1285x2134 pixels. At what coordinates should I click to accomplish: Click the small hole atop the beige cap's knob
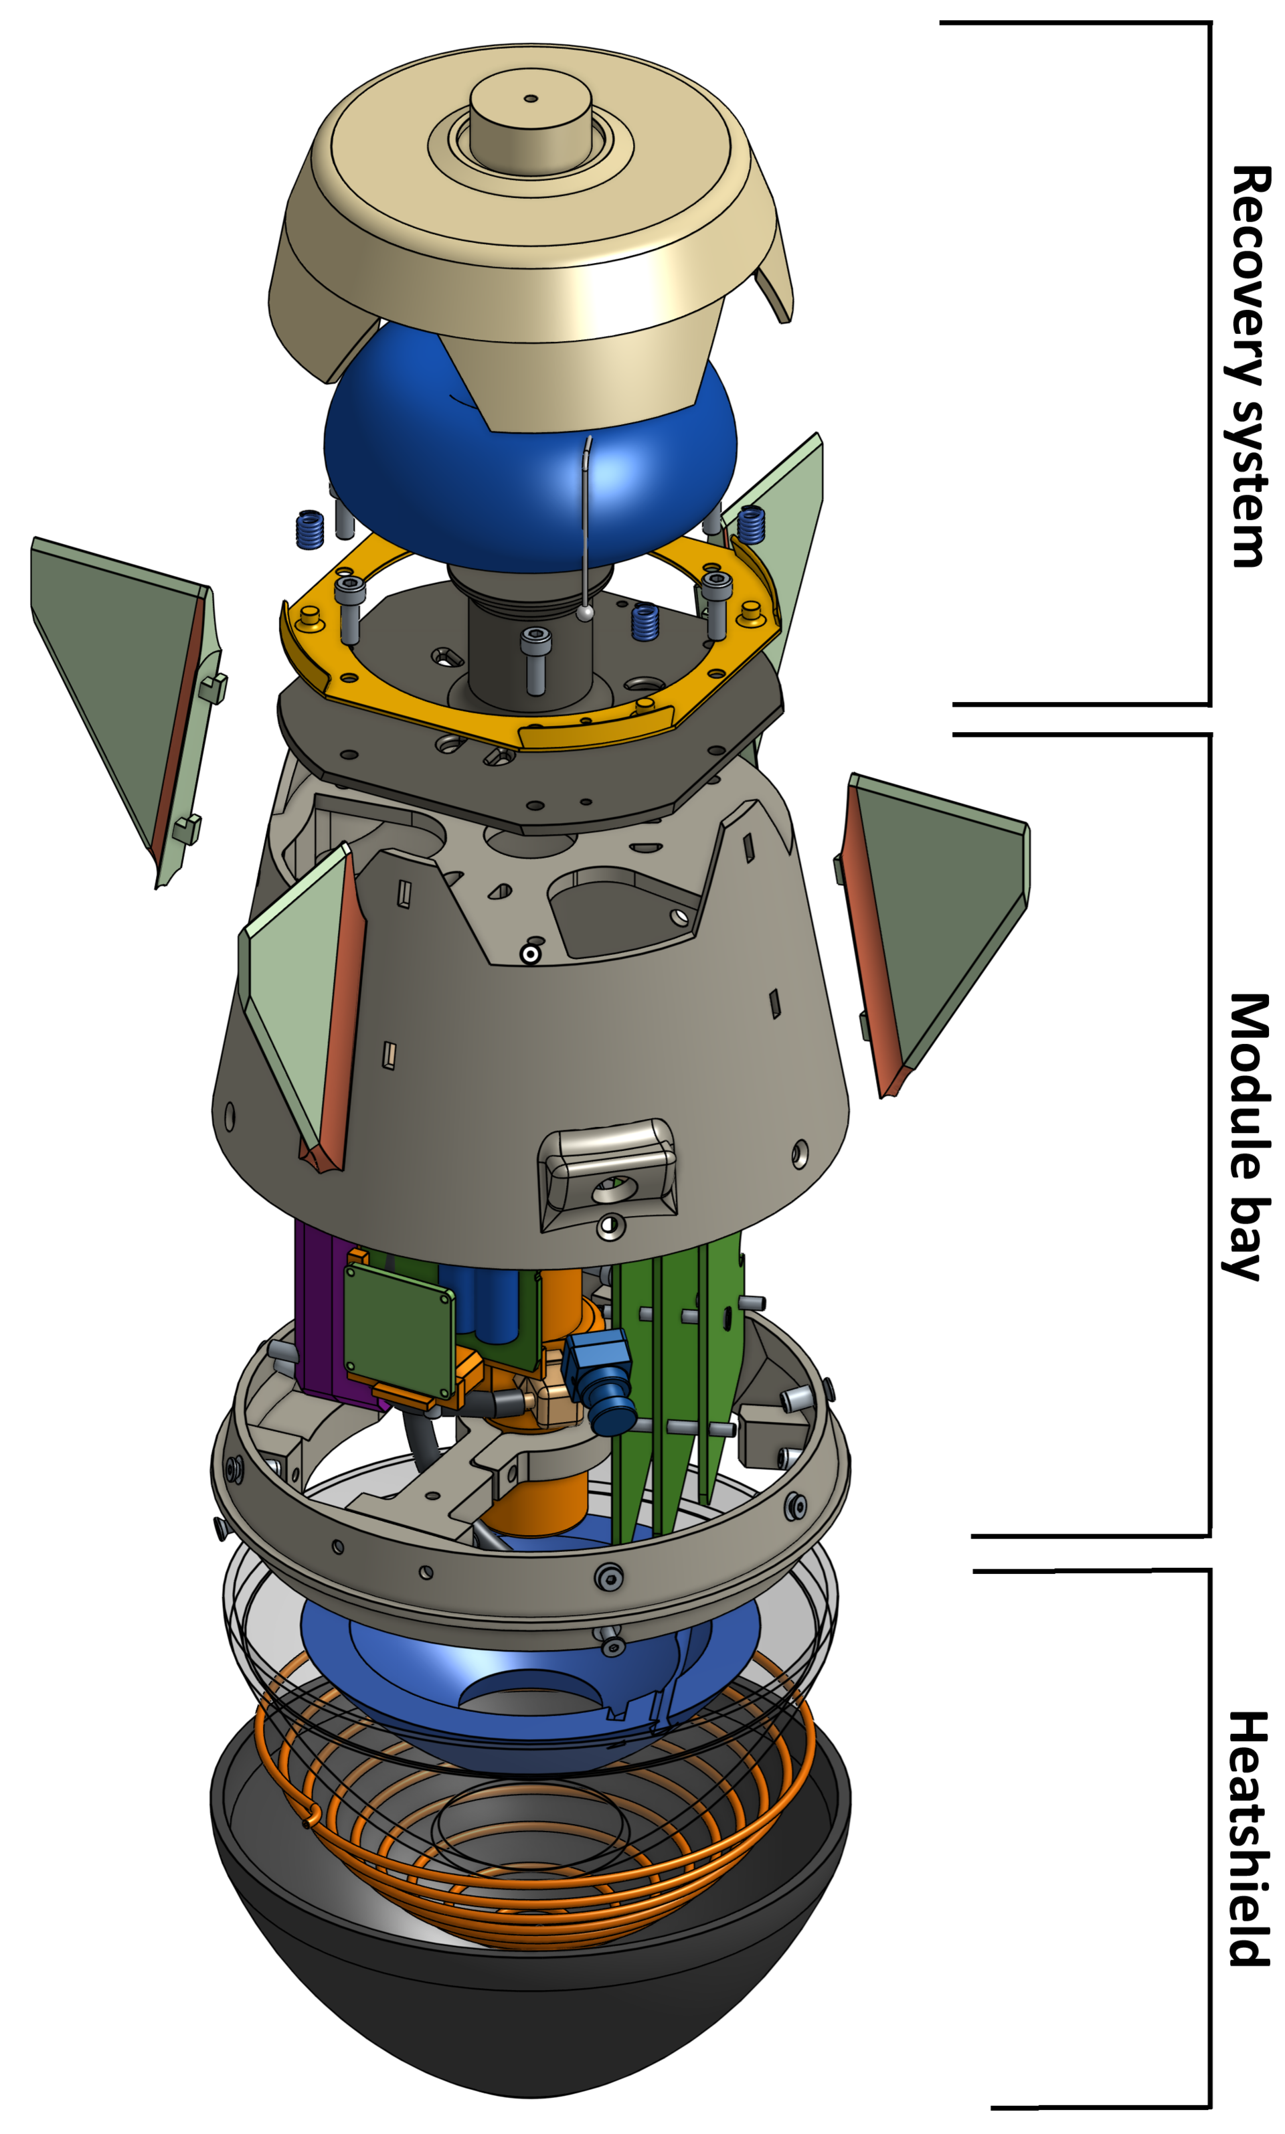pyautogui.click(x=531, y=98)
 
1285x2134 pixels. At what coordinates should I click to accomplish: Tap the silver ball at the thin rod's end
pyautogui.click(x=586, y=613)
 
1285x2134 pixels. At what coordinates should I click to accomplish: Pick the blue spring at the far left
pyautogui.click(x=310, y=530)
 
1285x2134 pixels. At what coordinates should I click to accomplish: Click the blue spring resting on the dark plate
pyautogui.click(x=645, y=622)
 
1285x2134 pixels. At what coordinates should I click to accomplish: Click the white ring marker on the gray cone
pyautogui.click(x=530, y=954)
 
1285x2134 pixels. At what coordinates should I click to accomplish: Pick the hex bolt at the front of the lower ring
pyautogui.click(x=609, y=1577)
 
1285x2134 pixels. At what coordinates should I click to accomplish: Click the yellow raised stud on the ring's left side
pyautogui.click(x=309, y=619)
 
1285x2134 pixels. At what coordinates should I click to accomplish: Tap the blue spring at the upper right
pyautogui.click(x=751, y=525)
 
